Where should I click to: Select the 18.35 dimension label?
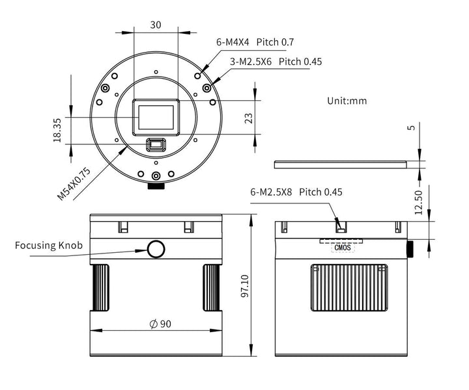pyautogui.click(x=57, y=129)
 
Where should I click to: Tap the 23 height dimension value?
pyautogui.click(x=248, y=118)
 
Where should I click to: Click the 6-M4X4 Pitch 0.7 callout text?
pyautogui.click(x=255, y=42)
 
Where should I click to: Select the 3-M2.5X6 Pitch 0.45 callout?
pyautogui.click(x=276, y=62)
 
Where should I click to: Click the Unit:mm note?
pyautogui.click(x=347, y=101)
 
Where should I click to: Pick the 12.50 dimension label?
pyautogui.click(x=418, y=201)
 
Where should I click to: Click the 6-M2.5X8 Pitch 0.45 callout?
pyautogui.click(x=296, y=192)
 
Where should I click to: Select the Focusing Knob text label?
pyautogui.click(x=49, y=246)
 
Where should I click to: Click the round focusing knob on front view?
pyautogui.click(x=156, y=248)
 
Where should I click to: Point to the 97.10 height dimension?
pyautogui.click(x=245, y=286)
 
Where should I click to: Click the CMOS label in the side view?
pyautogui.click(x=343, y=247)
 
